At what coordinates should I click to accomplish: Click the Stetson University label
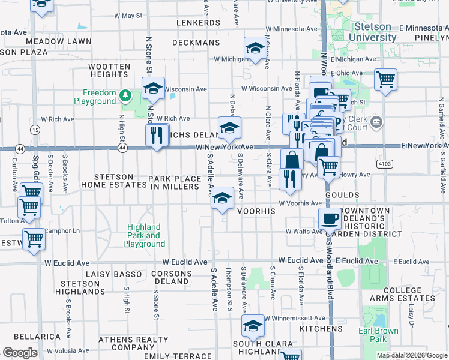375,32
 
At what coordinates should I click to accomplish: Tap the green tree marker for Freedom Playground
125,95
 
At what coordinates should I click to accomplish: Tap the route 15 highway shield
36,130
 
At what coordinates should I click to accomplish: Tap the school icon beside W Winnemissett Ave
253,326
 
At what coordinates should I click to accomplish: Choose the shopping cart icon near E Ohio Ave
385,79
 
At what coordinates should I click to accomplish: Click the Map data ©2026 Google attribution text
411,355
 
